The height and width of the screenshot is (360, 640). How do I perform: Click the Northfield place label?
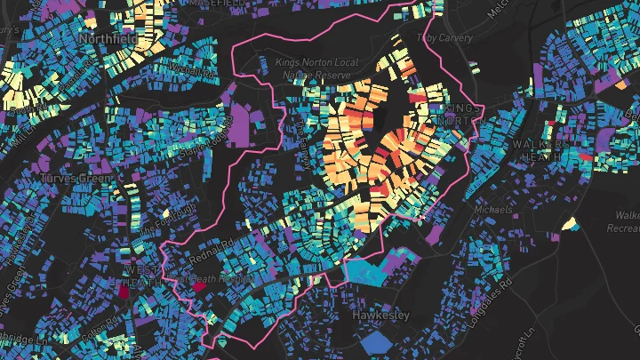[x=106, y=40]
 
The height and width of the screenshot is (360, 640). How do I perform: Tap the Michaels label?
[x=493, y=210]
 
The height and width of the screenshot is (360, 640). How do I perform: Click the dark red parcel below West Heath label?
[x=124, y=289]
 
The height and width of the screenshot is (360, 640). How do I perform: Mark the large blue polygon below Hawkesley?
[x=380, y=341]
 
